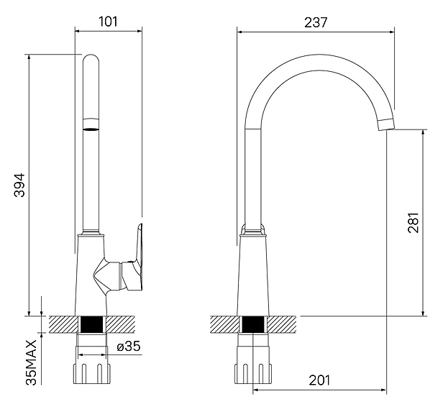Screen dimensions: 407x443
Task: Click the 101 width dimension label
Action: click(x=108, y=21)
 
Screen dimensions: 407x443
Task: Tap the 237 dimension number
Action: click(x=316, y=22)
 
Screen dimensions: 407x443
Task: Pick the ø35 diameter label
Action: click(x=127, y=347)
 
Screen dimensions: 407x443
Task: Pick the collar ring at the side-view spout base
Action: click(x=253, y=231)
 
